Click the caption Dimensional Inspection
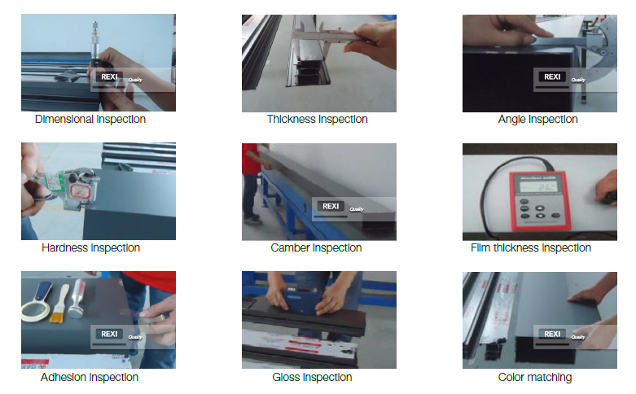(x=90, y=120)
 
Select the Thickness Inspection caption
(x=318, y=120)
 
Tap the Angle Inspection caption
(x=537, y=120)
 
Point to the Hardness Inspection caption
(x=90, y=247)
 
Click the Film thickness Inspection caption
(x=531, y=247)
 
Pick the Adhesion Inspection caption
(x=90, y=377)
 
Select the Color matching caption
(x=535, y=377)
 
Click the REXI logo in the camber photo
(x=331, y=206)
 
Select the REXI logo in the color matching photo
(x=552, y=334)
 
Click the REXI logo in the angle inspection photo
(x=552, y=77)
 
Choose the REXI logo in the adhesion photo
(x=110, y=334)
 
